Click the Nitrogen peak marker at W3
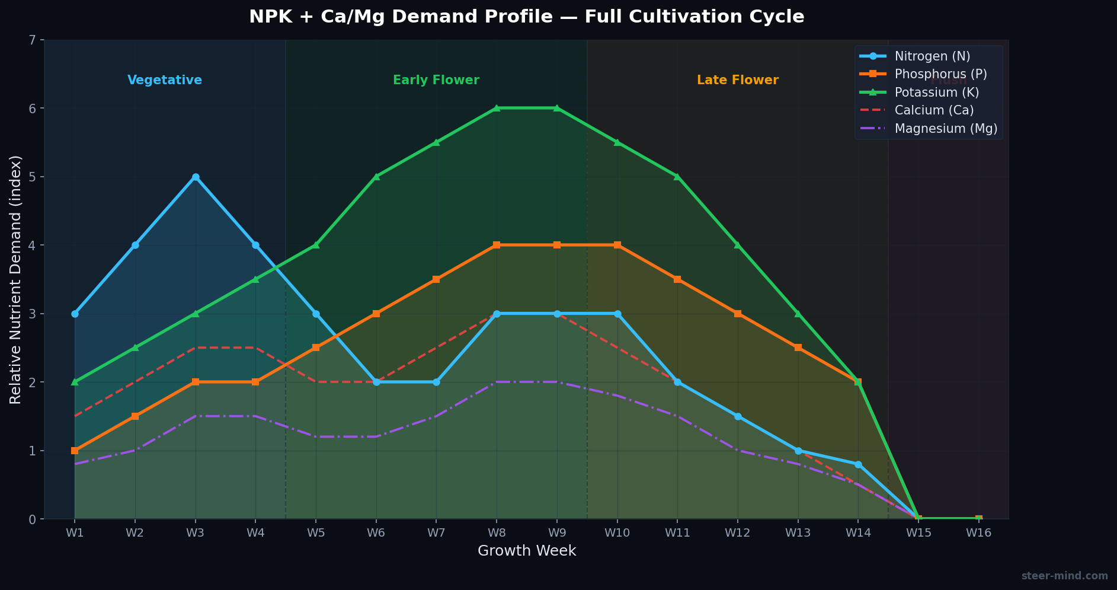point(196,177)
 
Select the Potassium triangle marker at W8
point(497,108)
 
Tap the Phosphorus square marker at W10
point(617,245)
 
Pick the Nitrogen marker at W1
point(75,314)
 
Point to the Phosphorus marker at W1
point(75,451)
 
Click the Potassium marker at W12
point(738,245)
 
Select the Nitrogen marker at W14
point(858,464)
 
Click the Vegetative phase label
point(165,80)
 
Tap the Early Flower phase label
point(436,80)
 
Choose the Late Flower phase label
point(738,80)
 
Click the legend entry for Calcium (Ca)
point(934,110)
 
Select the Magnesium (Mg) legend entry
point(946,129)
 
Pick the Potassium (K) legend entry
point(936,93)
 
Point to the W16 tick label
point(978,532)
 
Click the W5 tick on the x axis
point(316,532)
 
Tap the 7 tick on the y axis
point(33,40)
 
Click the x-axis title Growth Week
point(527,551)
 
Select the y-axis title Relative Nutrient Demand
point(16,279)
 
